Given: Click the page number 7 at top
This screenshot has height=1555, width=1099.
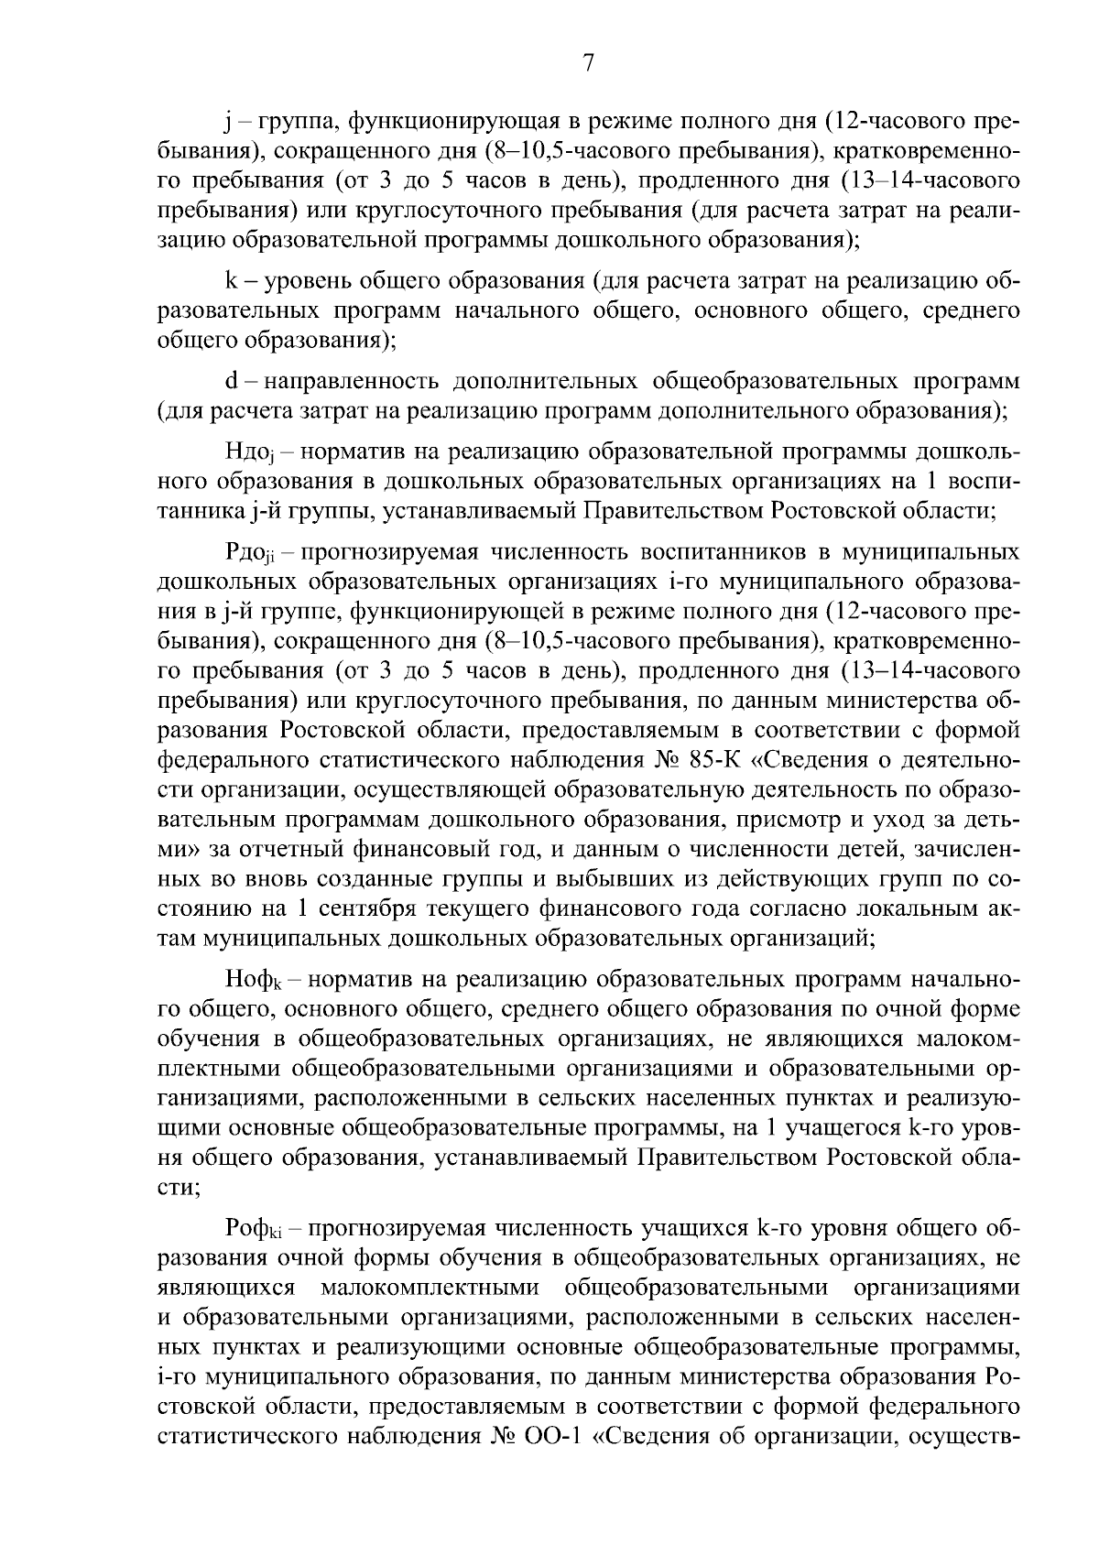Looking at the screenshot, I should [589, 63].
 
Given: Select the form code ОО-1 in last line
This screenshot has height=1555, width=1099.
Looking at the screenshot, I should [553, 1435].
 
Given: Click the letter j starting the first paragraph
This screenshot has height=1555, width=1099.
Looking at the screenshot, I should [228, 122].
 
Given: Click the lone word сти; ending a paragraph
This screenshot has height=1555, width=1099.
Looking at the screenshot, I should [176, 1186].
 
